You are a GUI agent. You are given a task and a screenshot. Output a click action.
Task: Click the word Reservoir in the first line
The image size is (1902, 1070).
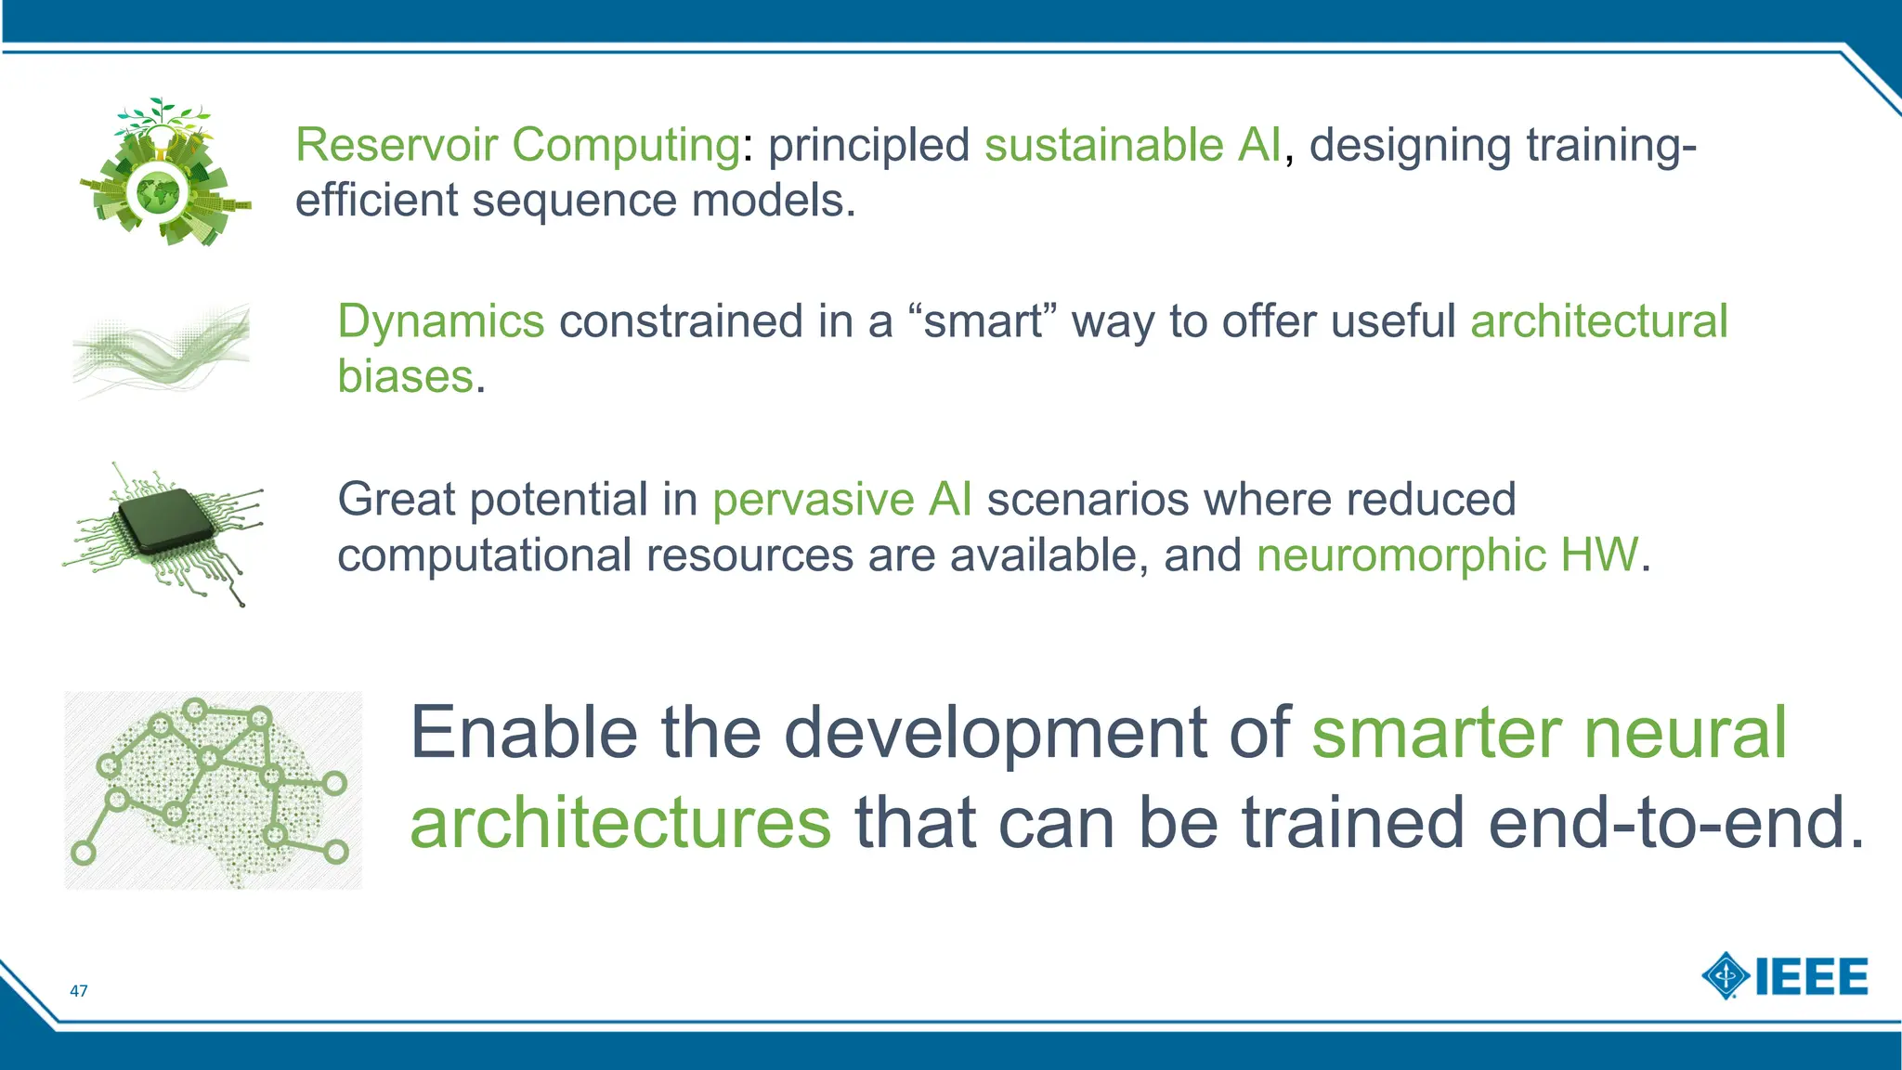click(397, 146)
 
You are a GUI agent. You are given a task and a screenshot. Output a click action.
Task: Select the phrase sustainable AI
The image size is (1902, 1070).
click(1132, 146)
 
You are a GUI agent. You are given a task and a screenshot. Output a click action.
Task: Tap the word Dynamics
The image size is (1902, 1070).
click(440, 322)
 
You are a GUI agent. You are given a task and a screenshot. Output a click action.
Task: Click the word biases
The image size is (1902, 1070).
click(405, 377)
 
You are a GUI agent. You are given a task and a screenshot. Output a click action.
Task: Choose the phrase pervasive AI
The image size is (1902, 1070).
click(842, 500)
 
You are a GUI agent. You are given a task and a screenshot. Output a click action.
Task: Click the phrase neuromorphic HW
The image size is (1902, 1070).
click(1448, 555)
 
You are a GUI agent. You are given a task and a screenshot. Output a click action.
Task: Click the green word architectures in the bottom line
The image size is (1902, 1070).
click(620, 823)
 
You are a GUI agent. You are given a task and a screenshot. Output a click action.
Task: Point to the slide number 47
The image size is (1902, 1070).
click(79, 991)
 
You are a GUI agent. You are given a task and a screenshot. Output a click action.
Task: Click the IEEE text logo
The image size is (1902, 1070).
click(1811, 977)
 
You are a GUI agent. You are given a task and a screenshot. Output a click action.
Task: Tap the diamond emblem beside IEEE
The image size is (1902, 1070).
click(1726, 976)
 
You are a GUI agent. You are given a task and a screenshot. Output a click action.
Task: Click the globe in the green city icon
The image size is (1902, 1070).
click(159, 193)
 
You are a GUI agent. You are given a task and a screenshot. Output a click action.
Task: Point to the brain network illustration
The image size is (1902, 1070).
click(213, 789)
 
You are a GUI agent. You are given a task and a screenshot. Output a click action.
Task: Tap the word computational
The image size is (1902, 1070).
click(484, 555)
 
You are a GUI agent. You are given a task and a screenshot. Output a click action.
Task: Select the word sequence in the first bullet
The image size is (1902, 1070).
click(575, 201)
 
